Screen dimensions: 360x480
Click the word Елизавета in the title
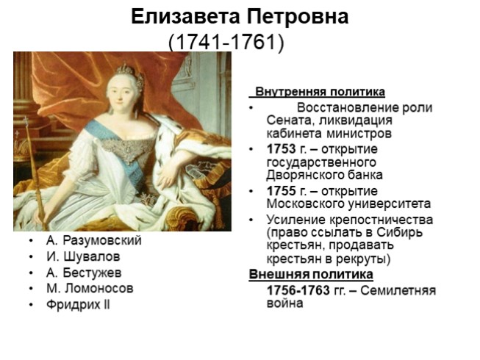(x=183, y=18)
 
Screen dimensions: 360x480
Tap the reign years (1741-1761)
(x=226, y=42)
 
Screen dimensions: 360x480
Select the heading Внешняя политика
(x=311, y=275)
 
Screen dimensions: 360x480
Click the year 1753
(x=282, y=149)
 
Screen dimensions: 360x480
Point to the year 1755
(x=282, y=190)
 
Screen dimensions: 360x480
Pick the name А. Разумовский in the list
(x=93, y=240)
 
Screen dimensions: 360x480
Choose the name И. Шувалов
(x=82, y=256)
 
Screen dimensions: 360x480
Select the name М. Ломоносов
(x=89, y=288)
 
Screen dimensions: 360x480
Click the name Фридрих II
(x=78, y=304)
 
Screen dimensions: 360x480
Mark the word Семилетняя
(x=401, y=290)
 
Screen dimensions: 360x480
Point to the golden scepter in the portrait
(x=33, y=169)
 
